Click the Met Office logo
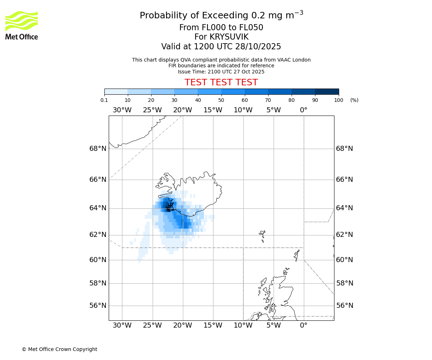coord(22,25)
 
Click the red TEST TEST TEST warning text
coord(221,83)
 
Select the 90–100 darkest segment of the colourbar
coord(327,91)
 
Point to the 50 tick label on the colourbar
coord(221,100)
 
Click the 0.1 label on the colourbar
coord(104,100)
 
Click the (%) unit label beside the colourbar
coord(354,100)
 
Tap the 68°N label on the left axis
coord(98,149)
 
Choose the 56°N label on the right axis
coord(345,306)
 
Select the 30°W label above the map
coord(122,110)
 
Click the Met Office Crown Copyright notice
coord(59,349)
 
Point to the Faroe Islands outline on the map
coord(262,236)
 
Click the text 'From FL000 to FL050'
coord(221,28)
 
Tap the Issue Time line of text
coord(221,72)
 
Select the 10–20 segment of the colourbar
coord(139,91)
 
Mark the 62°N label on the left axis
coord(98,235)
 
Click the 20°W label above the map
coord(183,110)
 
